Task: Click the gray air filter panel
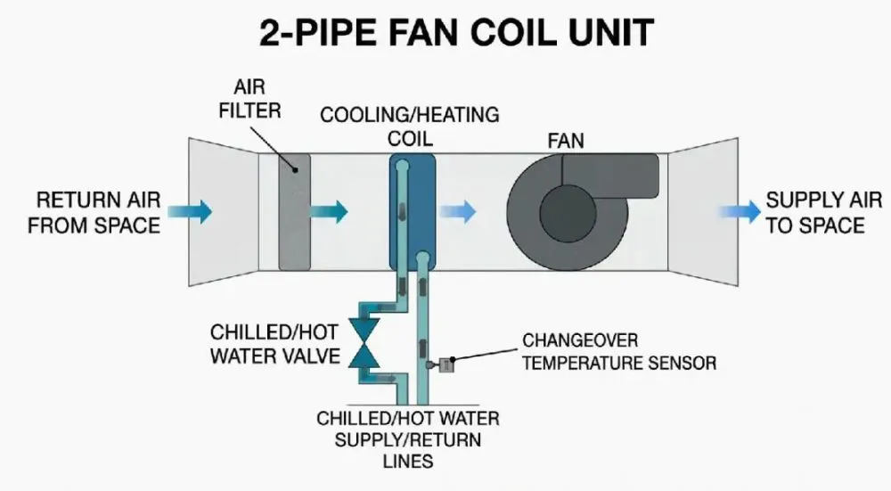tap(294, 211)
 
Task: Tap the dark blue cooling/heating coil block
tap(413, 211)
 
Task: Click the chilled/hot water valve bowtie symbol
tap(364, 343)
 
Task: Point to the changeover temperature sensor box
tap(446, 364)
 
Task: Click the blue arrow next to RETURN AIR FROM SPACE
tap(190, 211)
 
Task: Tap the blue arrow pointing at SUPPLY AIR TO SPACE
tap(740, 211)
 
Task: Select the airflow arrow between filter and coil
tap(329, 211)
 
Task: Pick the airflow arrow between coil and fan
tap(458, 211)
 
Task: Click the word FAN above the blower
tap(566, 141)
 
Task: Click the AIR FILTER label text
tap(250, 99)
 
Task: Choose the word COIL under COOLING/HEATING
tap(410, 139)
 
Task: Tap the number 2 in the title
tap(271, 32)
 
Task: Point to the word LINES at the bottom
tap(408, 461)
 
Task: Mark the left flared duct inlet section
tap(224, 211)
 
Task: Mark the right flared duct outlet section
tap(703, 211)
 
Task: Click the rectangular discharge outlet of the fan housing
tap(610, 176)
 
